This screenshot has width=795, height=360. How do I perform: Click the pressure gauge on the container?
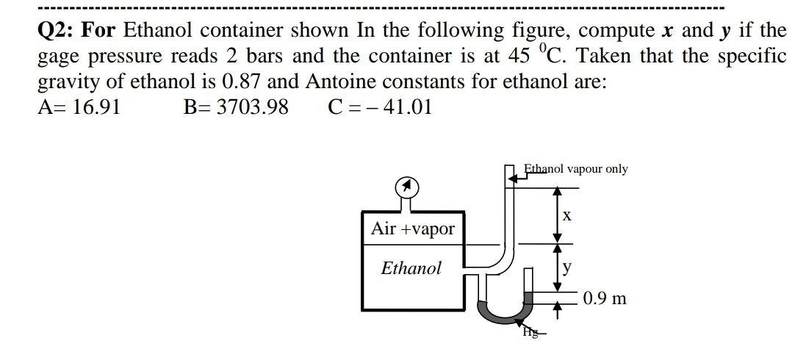pyautogui.click(x=408, y=188)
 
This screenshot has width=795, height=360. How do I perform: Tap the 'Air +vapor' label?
pyautogui.click(x=412, y=228)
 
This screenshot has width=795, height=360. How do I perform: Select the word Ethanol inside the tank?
pyautogui.click(x=411, y=268)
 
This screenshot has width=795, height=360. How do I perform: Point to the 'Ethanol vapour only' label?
pyautogui.click(x=576, y=169)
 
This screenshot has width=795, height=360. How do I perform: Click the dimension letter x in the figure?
pyautogui.click(x=566, y=216)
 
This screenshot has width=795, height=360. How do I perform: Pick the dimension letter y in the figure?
pyautogui.click(x=566, y=267)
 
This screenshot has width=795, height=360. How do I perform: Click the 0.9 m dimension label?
pyautogui.click(x=605, y=298)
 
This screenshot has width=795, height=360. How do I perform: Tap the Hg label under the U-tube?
pyautogui.click(x=530, y=332)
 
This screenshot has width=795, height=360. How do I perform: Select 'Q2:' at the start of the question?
pyautogui.click(x=57, y=31)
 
